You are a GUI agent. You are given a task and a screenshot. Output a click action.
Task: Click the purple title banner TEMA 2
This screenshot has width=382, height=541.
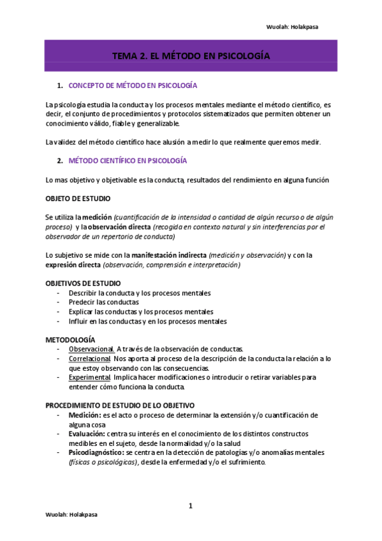coord(191,56)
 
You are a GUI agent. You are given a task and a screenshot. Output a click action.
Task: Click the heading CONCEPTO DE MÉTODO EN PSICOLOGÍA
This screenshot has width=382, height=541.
coord(132,85)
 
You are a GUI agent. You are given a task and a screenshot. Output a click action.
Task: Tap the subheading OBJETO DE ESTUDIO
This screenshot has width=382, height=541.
coord(78,199)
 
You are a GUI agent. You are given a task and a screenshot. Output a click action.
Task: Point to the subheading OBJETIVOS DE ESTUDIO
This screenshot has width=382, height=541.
coord(83,283)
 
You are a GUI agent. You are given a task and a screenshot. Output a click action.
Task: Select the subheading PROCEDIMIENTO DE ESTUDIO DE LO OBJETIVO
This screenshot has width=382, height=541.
coord(120,405)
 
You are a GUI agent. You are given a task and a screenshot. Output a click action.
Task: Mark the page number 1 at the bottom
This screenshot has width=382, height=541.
coord(190,507)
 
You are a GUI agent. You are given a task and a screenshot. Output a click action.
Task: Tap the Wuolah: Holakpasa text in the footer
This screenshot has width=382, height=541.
coord(70,531)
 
